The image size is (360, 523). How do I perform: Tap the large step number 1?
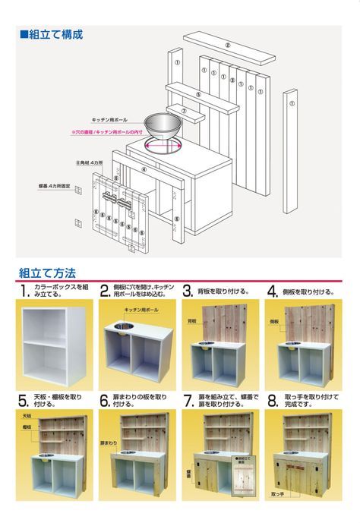coord(25,291)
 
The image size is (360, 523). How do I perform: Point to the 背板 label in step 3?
coord(192,321)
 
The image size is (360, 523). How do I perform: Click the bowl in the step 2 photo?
coord(122,329)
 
